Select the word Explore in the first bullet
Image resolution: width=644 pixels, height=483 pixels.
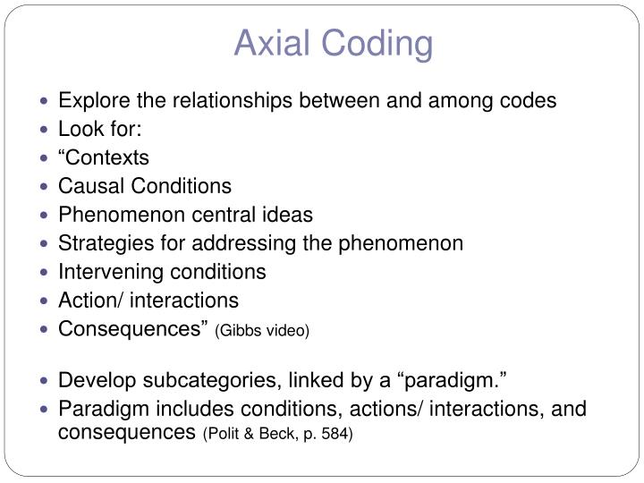pos(91,100)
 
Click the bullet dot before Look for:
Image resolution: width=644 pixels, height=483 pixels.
pos(47,130)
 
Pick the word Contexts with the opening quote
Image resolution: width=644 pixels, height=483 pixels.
pos(104,157)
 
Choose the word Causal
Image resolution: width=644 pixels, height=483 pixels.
pos(89,186)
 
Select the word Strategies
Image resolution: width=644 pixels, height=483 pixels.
pos(97,243)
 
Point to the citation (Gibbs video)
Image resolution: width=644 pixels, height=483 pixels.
pos(262,331)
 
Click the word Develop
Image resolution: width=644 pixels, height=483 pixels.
pos(93,381)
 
